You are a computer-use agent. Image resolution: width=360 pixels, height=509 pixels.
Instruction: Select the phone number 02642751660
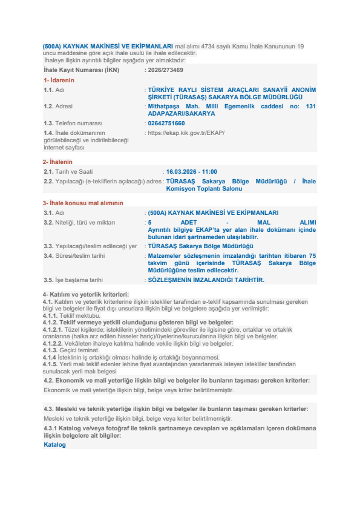click(166, 123)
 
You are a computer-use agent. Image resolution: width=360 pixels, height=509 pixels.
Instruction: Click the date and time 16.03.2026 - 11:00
click(192, 172)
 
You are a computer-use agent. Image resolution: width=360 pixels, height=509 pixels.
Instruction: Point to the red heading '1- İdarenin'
click(59, 80)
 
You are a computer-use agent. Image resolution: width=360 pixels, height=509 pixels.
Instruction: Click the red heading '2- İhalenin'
click(57, 162)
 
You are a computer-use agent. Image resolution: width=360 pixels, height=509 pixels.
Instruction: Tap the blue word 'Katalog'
click(54, 445)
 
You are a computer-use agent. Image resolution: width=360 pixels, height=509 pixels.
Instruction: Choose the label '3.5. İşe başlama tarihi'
click(74, 280)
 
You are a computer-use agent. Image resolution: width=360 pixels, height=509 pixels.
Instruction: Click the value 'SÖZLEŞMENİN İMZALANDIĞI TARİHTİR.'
click(206, 280)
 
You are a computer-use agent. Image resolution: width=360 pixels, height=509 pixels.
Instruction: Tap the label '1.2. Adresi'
click(58, 106)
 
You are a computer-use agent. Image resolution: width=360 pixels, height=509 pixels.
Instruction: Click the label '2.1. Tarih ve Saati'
click(68, 172)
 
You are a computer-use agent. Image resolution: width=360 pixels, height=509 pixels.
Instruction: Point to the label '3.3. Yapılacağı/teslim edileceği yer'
click(90, 246)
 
